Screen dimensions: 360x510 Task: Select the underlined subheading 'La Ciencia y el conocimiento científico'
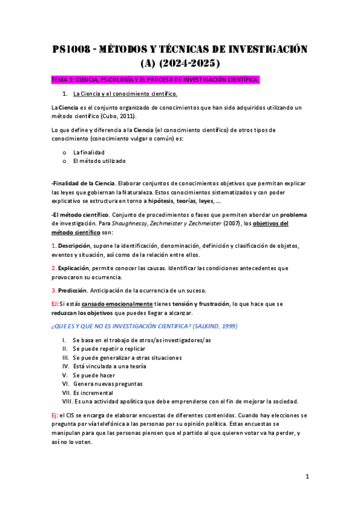[124, 94]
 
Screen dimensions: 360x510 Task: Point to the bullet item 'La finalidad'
[88, 152]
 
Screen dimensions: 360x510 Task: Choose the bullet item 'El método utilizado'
[99, 161]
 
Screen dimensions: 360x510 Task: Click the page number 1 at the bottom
[307, 477]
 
